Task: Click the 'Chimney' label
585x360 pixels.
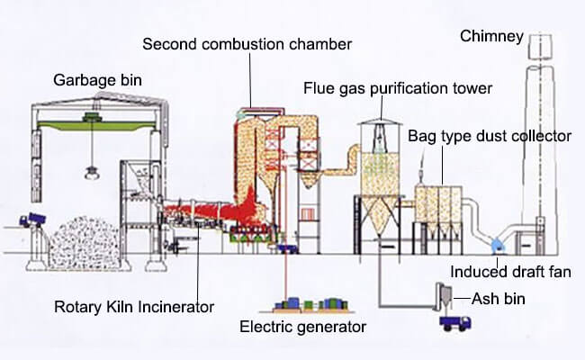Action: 491,36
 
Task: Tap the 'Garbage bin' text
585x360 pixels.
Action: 97,80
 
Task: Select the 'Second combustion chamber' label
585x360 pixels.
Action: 247,44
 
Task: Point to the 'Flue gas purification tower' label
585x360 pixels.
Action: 398,88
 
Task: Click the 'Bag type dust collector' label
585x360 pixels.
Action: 490,136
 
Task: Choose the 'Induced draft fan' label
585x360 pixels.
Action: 510,272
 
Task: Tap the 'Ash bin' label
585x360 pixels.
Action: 499,299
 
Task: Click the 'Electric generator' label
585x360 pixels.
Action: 302,327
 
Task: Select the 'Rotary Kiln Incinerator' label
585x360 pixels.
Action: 134,307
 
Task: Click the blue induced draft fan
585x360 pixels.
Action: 497,246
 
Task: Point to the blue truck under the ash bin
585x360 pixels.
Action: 454,323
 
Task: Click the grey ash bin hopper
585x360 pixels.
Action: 443,297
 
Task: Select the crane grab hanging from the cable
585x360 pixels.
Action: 91,173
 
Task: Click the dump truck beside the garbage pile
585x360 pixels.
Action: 32,220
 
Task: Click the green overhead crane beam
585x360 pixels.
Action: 96,125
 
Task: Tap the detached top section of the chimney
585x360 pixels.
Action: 540,47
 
